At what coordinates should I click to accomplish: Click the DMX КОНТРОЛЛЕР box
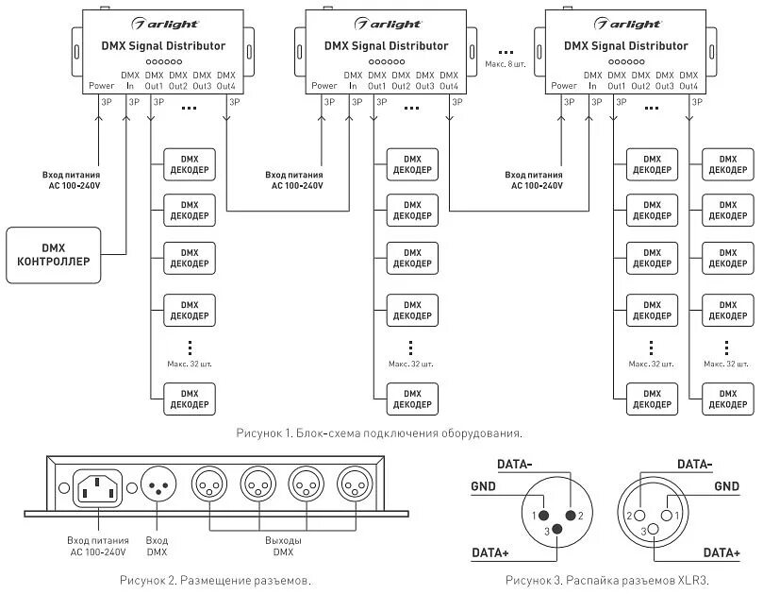pos(54,255)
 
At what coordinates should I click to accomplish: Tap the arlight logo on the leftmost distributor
pos(164,24)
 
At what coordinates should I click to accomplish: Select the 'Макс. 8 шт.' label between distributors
pos(506,64)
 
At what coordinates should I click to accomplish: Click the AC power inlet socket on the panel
pos(97,489)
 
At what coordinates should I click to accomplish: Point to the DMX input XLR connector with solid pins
pos(158,485)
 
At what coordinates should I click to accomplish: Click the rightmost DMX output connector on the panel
pos(356,485)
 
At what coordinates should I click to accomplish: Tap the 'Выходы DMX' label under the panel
pos(283,546)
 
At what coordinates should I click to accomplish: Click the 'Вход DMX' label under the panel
pos(157,546)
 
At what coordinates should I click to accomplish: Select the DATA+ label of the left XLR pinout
pos(490,553)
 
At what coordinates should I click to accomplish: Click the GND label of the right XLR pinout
pos(726,486)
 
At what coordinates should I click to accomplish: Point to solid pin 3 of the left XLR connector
pos(557,529)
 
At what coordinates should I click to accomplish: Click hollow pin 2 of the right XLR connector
pos(639,516)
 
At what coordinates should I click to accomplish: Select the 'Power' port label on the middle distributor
pos(324,86)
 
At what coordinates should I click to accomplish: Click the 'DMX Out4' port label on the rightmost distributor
pos(688,80)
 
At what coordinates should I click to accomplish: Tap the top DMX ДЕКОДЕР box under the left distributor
pos(190,164)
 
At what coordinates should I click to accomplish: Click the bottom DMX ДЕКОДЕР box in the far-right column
pos(728,399)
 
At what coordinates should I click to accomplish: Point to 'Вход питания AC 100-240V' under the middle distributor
pos(294,179)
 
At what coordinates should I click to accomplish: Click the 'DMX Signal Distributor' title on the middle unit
pos(387,46)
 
